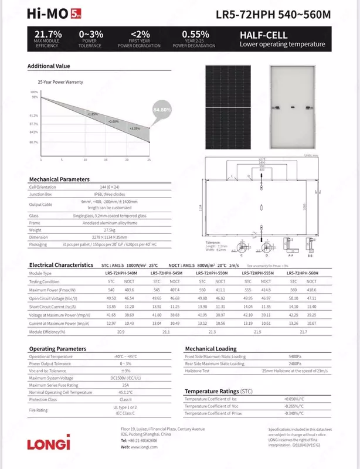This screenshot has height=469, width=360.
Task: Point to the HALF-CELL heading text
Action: tap(264, 35)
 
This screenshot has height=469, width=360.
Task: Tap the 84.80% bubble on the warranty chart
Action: tap(162, 110)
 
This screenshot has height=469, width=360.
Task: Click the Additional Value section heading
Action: tap(49, 66)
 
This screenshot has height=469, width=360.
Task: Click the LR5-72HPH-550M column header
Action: tap(212, 274)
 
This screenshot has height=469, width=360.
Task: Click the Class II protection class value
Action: tap(124, 400)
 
